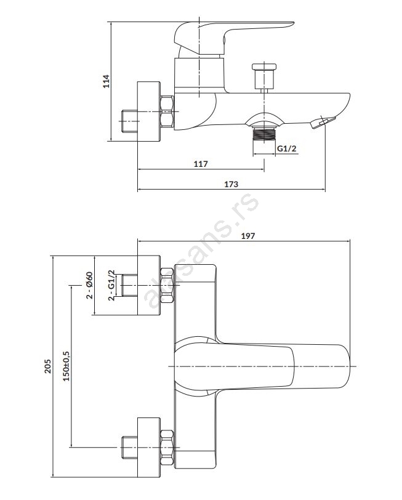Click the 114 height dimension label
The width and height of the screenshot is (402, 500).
[x=106, y=81]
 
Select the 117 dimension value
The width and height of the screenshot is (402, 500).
[x=201, y=164]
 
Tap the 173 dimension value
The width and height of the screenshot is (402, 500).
[x=231, y=183]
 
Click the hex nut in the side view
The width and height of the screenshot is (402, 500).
[x=167, y=111]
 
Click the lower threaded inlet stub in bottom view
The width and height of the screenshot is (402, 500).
[x=129, y=445]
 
